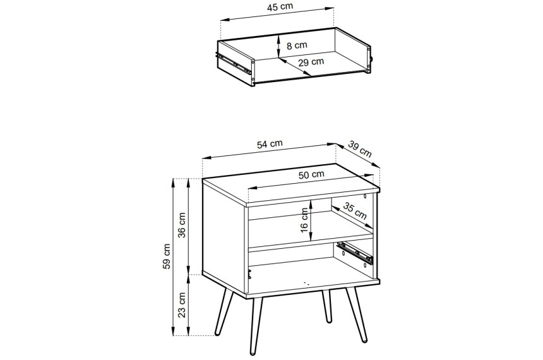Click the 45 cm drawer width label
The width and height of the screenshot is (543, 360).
(x=280, y=7)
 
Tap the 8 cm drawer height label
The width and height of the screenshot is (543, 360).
(x=297, y=45)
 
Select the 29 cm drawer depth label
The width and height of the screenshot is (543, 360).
(x=311, y=62)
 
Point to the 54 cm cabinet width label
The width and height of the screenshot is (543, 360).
(x=270, y=144)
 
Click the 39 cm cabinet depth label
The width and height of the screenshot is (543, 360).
(x=359, y=149)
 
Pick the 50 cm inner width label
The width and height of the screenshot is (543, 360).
(x=311, y=174)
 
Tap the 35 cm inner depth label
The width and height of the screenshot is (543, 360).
(x=355, y=211)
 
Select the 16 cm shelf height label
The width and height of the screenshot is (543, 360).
(x=304, y=220)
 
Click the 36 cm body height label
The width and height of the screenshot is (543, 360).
(x=182, y=225)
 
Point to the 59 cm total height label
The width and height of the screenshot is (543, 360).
(x=167, y=256)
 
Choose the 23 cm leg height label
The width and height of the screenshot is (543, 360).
(x=182, y=305)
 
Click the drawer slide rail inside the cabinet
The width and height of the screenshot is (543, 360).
(x=355, y=253)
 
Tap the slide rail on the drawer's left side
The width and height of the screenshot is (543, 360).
(x=234, y=63)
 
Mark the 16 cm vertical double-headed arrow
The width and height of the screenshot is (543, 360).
(x=311, y=220)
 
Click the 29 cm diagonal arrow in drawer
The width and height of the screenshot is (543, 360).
(x=295, y=66)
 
